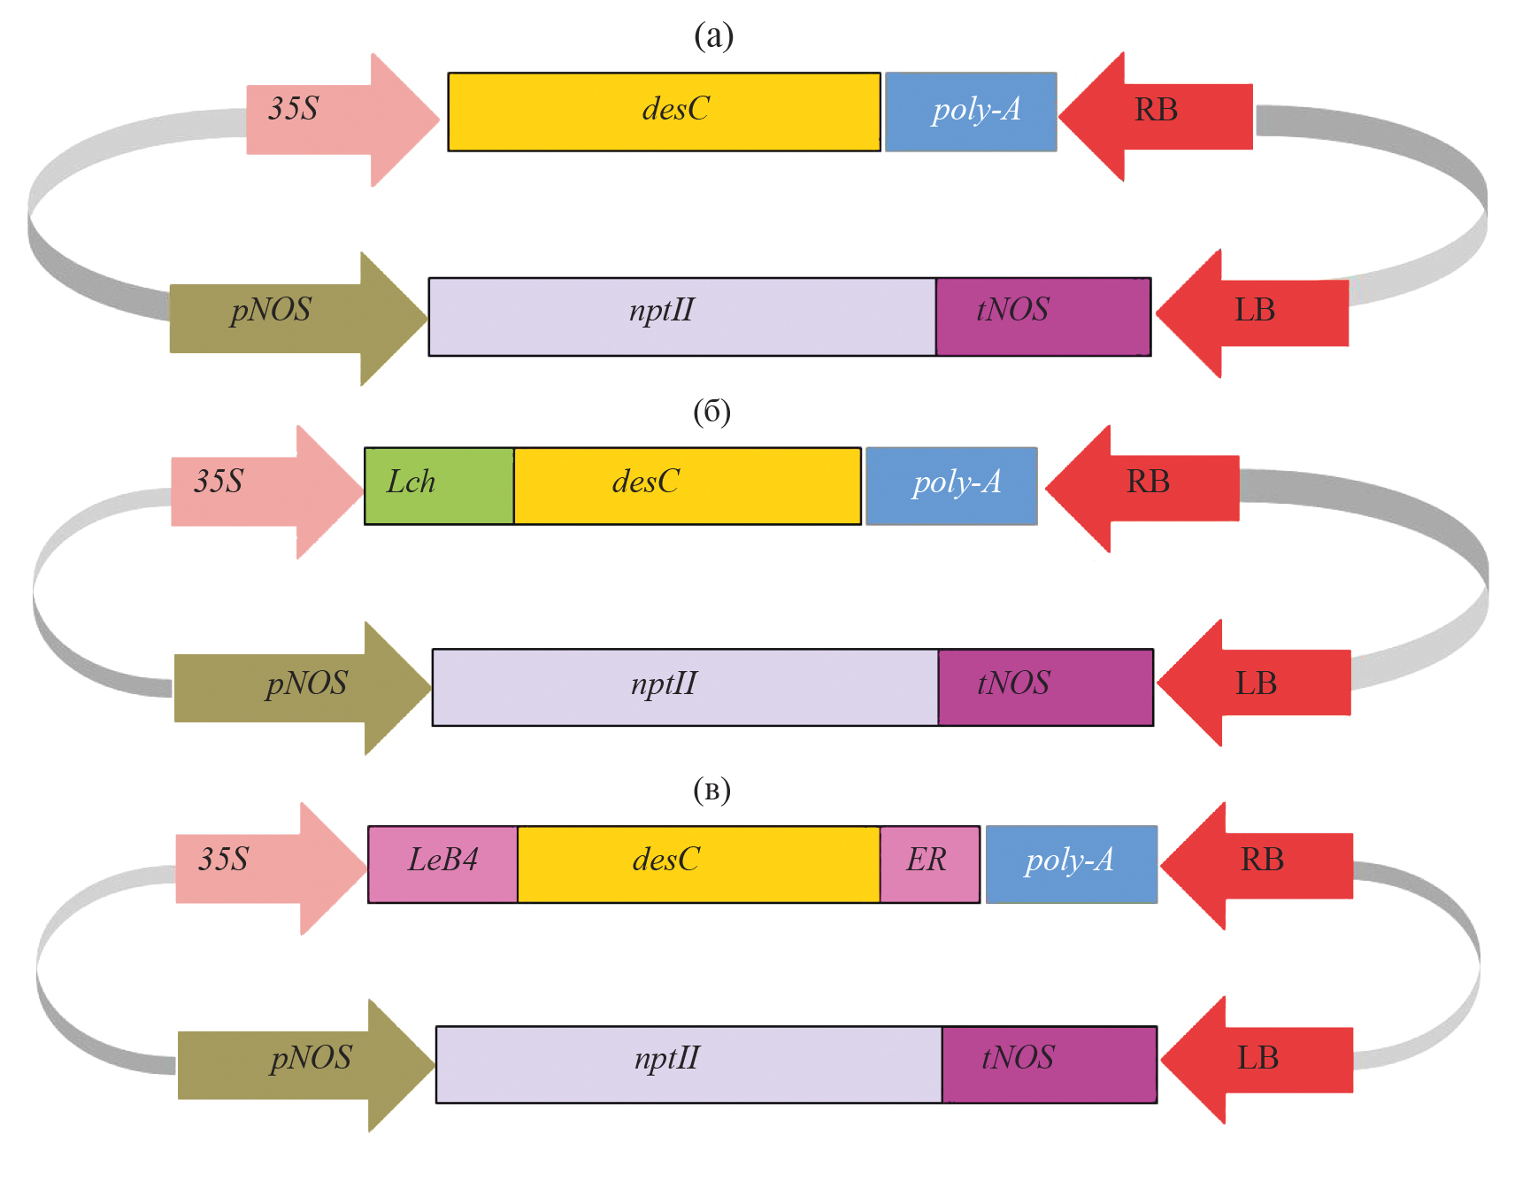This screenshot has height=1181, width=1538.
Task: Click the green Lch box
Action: tap(439, 486)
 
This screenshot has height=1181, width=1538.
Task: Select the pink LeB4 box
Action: tap(442, 864)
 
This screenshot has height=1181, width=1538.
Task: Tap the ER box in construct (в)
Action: tap(929, 864)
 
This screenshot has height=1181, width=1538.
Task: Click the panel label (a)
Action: tap(713, 35)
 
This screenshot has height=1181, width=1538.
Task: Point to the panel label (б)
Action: tap(711, 412)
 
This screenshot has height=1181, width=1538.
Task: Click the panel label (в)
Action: tap(711, 790)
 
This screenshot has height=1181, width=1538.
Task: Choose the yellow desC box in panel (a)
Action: tap(664, 112)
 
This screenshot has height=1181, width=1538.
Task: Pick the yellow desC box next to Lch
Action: tap(687, 486)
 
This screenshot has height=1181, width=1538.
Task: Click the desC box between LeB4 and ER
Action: tap(698, 864)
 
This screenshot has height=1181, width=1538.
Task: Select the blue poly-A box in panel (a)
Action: tap(971, 112)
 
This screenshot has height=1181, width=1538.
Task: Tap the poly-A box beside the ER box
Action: tap(1071, 864)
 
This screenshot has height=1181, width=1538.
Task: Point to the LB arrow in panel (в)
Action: tap(1256, 1059)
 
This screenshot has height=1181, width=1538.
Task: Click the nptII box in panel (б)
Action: tap(684, 687)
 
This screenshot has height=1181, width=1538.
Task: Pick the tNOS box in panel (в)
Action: tap(1049, 1064)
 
